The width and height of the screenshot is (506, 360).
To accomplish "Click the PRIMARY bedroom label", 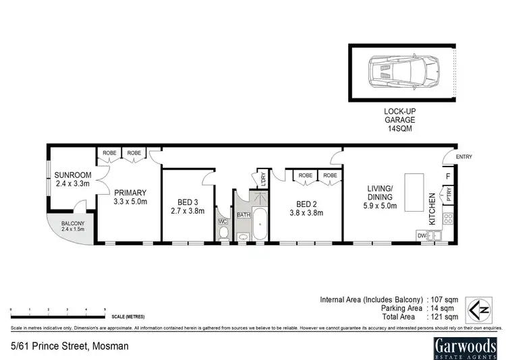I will click(x=130, y=193).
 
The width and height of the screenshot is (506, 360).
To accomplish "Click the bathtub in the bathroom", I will click(x=260, y=225).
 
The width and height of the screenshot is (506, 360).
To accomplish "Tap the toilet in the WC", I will click(x=225, y=233).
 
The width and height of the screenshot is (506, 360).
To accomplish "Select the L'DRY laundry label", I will click(x=262, y=180).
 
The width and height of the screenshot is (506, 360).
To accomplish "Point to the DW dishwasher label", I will click(x=422, y=235).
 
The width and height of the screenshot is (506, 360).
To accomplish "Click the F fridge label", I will click(x=448, y=178).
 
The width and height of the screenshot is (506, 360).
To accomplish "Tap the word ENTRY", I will click(x=464, y=157).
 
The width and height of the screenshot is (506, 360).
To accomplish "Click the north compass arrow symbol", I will click(x=483, y=310).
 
